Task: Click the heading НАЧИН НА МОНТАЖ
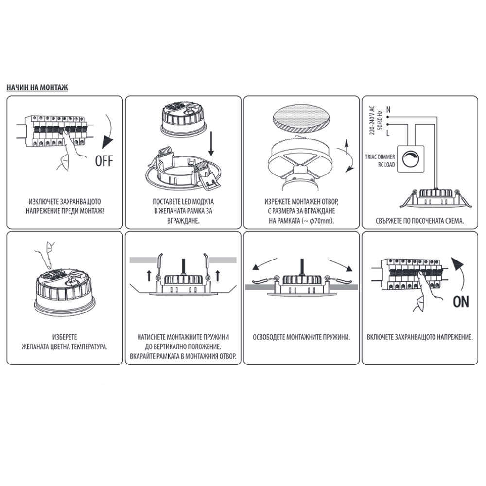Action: (x=37, y=87)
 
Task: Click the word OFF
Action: (x=104, y=161)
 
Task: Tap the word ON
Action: (x=461, y=302)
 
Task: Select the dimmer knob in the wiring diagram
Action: (x=410, y=159)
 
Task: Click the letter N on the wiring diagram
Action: (x=388, y=109)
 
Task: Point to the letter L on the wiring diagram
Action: (x=388, y=133)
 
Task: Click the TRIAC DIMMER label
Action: (x=380, y=157)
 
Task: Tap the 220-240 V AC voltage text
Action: (x=372, y=121)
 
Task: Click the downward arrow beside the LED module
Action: (x=211, y=143)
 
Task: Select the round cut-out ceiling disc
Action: (x=302, y=120)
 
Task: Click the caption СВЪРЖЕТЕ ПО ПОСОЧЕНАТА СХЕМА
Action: (x=420, y=221)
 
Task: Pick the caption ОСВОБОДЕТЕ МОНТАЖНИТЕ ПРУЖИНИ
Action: (x=301, y=337)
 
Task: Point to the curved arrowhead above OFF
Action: (x=107, y=142)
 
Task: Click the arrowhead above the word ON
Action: (x=457, y=265)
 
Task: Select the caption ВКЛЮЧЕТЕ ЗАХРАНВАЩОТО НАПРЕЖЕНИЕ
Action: (x=420, y=337)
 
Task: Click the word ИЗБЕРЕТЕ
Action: (x=65, y=337)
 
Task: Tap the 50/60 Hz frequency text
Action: (x=380, y=120)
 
